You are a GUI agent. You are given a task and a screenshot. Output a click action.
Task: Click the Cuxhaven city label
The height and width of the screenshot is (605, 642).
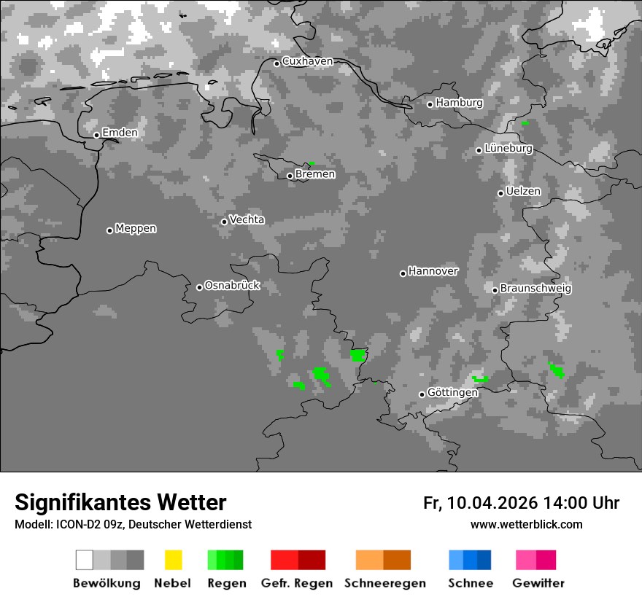point(307,61)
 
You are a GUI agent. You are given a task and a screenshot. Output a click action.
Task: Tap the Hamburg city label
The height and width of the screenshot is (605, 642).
point(459,103)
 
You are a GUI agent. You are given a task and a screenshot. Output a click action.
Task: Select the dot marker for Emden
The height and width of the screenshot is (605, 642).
point(96,135)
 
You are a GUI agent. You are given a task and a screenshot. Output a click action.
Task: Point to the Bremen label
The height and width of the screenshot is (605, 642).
point(315,174)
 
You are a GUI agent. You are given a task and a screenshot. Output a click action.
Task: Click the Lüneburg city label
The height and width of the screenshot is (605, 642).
point(508,148)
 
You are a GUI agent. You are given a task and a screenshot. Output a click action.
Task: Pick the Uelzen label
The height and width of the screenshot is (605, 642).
point(523,191)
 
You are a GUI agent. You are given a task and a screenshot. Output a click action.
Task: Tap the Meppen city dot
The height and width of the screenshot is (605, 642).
point(109,230)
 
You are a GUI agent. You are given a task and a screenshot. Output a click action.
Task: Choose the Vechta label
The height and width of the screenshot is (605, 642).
point(247,219)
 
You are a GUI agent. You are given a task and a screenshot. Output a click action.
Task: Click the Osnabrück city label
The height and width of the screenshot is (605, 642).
point(232,286)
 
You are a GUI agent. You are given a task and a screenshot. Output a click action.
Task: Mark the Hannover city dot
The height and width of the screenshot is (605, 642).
point(403,273)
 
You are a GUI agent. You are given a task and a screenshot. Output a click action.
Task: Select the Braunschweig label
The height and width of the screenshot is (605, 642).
point(535,289)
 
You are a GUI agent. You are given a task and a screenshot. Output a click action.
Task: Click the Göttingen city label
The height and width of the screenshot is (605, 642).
point(452,393)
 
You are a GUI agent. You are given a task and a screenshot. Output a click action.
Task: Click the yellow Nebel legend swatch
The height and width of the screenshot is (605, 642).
point(173,560)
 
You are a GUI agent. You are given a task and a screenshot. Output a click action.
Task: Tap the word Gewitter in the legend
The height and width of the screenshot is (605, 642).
point(538,583)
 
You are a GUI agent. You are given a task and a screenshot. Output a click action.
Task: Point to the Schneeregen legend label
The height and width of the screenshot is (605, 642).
point(385,583)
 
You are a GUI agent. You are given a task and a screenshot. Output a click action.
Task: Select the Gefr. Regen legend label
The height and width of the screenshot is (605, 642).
point(296,583)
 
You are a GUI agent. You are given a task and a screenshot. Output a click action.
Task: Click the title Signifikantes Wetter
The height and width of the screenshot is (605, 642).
point(120,503)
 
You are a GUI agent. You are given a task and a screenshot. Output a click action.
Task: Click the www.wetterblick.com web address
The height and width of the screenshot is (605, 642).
point(526,524)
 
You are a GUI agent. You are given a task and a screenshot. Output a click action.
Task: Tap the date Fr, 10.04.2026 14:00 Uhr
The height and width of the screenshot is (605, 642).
point(521,503)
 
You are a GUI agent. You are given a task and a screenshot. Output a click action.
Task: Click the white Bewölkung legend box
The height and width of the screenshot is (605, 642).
point(85,560)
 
